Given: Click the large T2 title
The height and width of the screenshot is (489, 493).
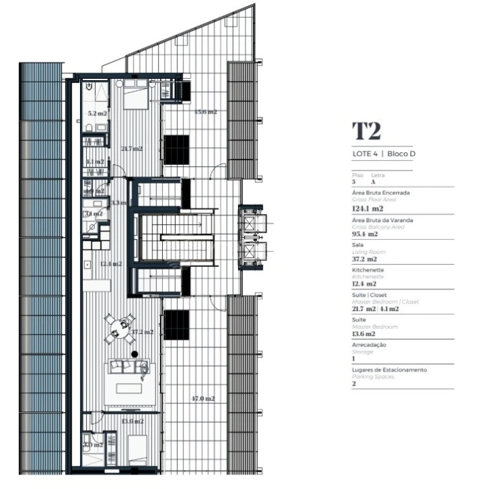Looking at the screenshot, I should pyautogui.click(x=367, y=132).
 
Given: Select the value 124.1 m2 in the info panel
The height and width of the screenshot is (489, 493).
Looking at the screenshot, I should pyautogui.click(x=367, y=209).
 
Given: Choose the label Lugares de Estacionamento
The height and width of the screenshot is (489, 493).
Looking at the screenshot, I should pyautogui.click(x=389, y=370).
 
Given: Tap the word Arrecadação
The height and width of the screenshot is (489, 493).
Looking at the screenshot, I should pyautogui.click(x=370, y=345).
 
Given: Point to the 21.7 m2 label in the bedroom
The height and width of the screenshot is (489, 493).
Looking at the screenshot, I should pyautogui.click(x=131, y=149).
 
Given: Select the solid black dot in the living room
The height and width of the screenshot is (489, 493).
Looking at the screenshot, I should pyautogui.click(x=135, y=354).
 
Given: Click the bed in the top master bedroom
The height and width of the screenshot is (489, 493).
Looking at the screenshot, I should pyautogui.click(x=136, y=96).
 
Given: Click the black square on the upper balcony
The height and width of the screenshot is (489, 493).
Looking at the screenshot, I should pyautogui.click(x=176, y=149).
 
